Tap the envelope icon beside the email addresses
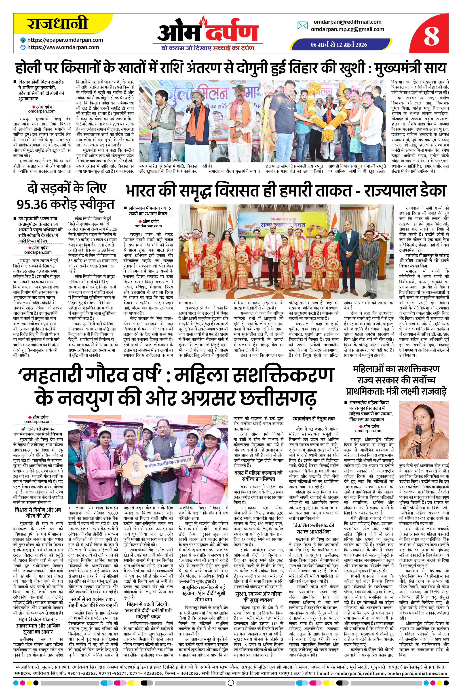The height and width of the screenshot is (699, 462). pos(303,26)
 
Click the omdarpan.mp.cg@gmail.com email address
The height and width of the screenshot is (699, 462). pos(348,29)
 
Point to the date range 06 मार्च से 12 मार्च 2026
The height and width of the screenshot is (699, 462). pos(339,44)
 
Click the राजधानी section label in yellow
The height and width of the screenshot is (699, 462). pos(58,24)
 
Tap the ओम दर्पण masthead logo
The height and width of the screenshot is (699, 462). pos(208,33)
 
